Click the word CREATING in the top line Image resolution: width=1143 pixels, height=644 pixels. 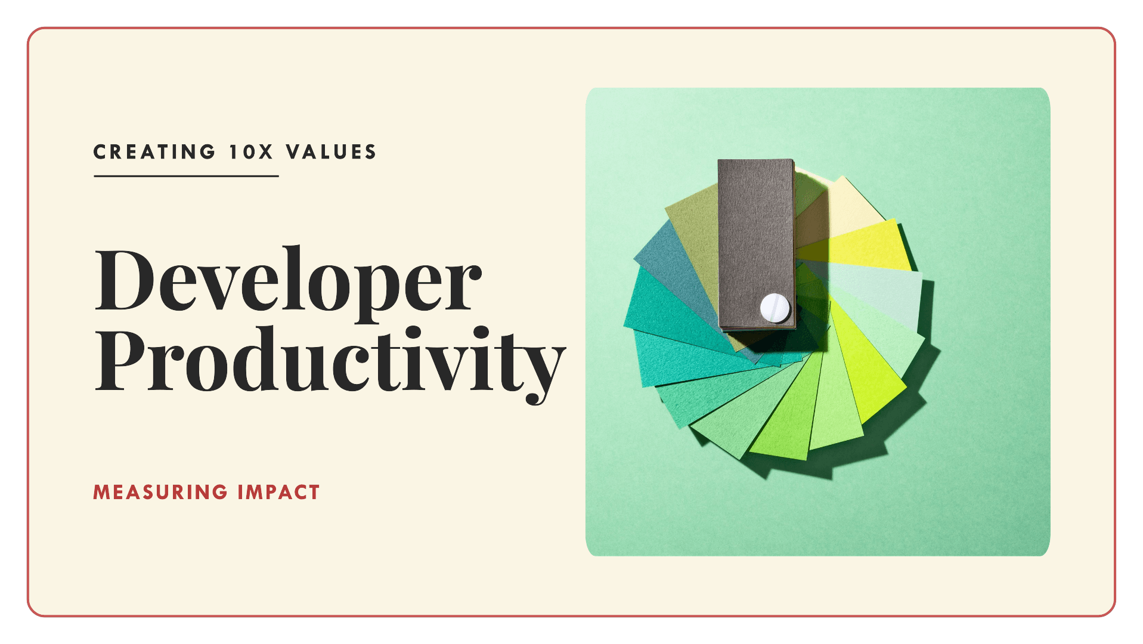pos(154,152)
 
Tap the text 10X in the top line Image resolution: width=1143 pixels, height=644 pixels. pos(251,152)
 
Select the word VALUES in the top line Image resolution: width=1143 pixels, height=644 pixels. pos(331,152)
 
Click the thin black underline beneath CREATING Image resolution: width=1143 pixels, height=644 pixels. pos(186,176)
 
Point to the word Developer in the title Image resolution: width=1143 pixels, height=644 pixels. pos(288,280)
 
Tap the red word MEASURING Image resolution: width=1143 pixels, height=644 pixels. pos(160,493)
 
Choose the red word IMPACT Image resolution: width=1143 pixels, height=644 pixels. pos(278,493)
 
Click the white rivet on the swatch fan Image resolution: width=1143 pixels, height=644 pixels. pos(775,308)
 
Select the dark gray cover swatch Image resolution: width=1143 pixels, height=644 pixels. pos(755,233)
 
